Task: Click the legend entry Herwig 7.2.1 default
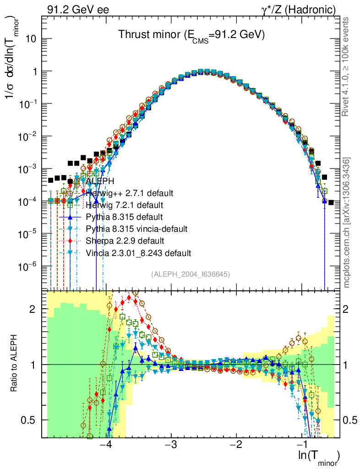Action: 125,204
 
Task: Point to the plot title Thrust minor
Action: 191,35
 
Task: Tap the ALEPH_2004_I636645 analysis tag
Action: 191,274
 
